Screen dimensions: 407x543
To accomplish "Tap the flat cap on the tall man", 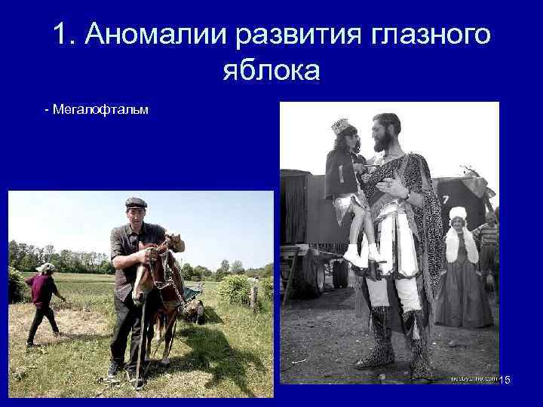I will coord(136,203).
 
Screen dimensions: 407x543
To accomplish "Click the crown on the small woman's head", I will coord(343,125).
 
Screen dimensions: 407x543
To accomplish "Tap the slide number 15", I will coord(504,379).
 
